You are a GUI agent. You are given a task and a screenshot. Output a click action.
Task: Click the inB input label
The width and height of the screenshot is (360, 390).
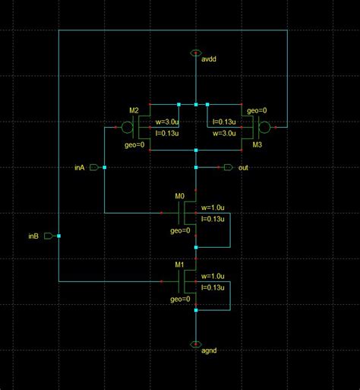click(33, 236)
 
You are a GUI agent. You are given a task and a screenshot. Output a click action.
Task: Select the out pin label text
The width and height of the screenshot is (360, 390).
click(243, 167)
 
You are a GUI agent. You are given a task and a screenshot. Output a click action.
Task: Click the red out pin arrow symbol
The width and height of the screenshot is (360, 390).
click(226, 166)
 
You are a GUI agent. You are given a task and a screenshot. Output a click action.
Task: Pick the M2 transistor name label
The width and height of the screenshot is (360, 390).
click(134, 111)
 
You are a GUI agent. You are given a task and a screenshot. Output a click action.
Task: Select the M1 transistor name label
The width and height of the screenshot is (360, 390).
click(180, 265)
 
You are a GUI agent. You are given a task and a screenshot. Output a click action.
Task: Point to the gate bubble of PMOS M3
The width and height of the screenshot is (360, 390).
click(265, 127)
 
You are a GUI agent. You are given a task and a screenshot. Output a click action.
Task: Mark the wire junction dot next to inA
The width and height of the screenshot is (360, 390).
click(104, 166)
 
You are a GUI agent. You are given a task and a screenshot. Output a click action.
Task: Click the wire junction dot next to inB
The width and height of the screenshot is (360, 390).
click(58, 236)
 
